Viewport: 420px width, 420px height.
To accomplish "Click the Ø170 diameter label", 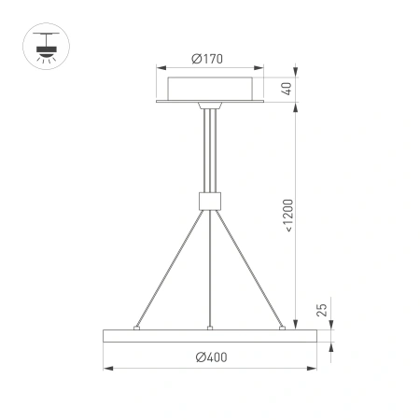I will [210, 60].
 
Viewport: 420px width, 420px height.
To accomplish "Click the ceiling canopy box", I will [210, 90].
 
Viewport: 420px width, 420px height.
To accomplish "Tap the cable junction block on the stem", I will [210, 200].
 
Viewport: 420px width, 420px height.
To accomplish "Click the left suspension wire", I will [168, 271].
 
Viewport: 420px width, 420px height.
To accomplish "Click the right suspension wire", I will [250, 271].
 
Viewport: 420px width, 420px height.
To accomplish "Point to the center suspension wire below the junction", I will [211, 271].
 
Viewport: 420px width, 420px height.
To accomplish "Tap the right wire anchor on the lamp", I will [282, 328].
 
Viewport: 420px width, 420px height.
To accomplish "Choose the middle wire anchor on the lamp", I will [211, 328].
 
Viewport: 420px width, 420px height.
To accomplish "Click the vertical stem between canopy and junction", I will [210, 149].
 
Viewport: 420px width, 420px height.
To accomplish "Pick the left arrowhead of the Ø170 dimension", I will [161, 69].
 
